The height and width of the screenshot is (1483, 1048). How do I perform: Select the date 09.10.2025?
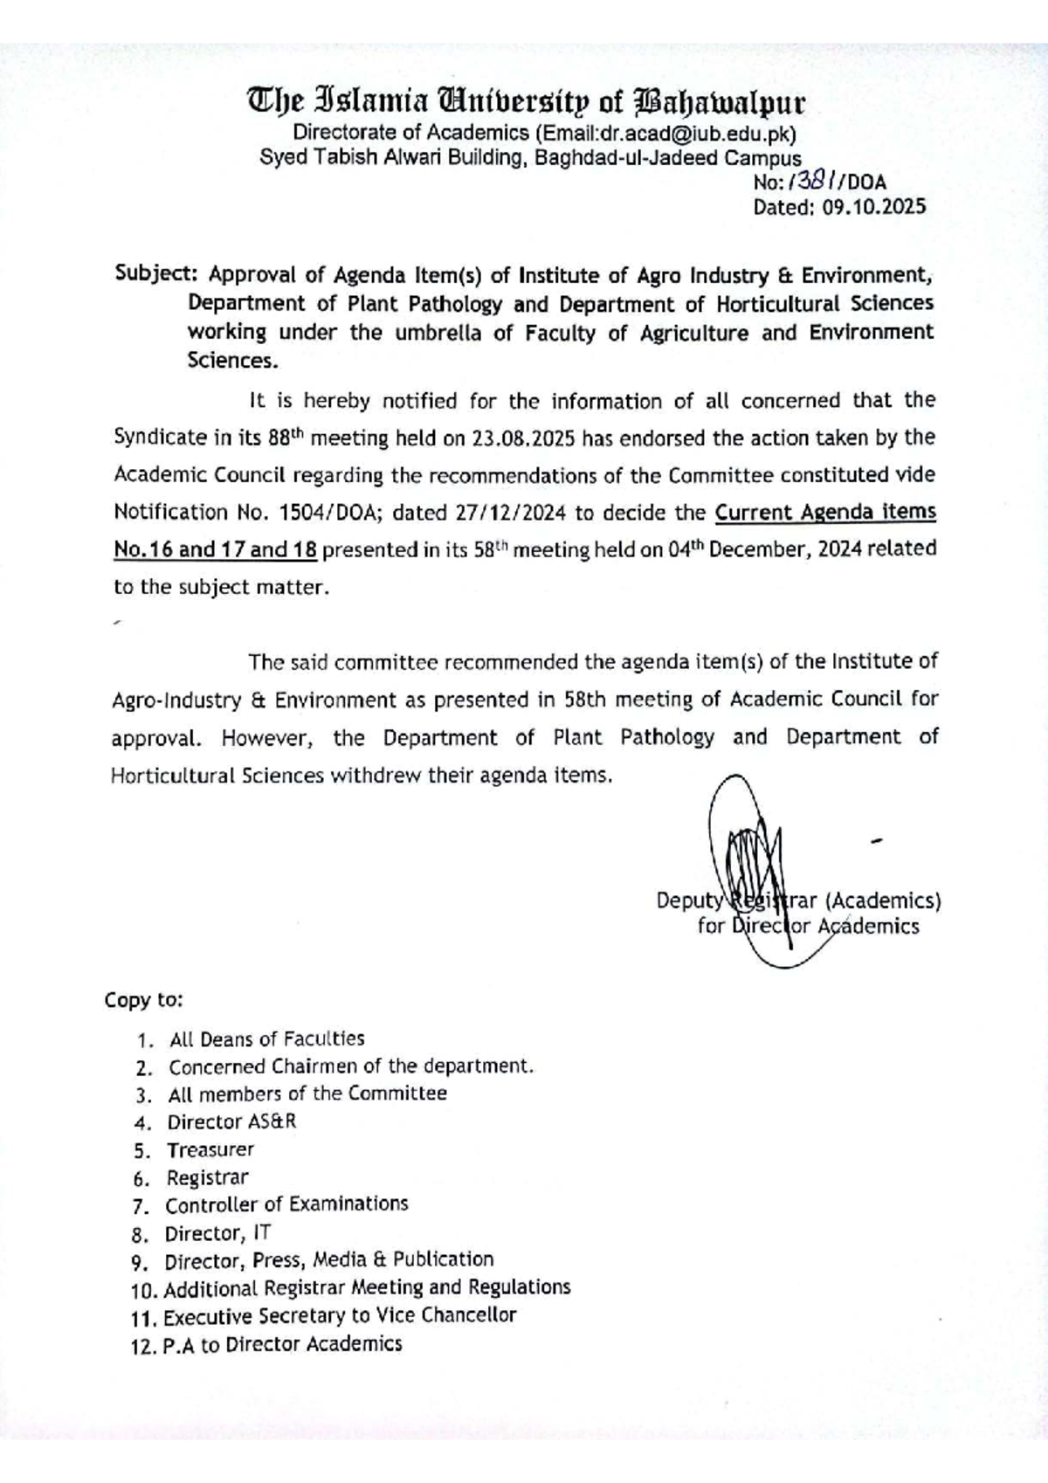tap(873, 207)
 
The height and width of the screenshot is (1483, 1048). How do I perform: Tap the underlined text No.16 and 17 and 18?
tap(216, 549)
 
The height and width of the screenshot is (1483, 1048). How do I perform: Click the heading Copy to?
tap(143, 999)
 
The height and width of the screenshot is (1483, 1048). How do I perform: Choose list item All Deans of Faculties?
tap(266, 1039)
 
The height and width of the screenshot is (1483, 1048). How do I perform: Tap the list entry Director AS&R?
tap(231, 1121)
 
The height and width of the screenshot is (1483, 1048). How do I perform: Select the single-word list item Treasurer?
tap(210, 1149)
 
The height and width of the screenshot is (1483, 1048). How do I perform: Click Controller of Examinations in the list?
tap(286, 1204)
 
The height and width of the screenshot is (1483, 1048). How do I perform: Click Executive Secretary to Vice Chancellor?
tap(340, 1315)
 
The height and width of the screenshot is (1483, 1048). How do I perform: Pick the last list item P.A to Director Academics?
tap(282, 1344)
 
